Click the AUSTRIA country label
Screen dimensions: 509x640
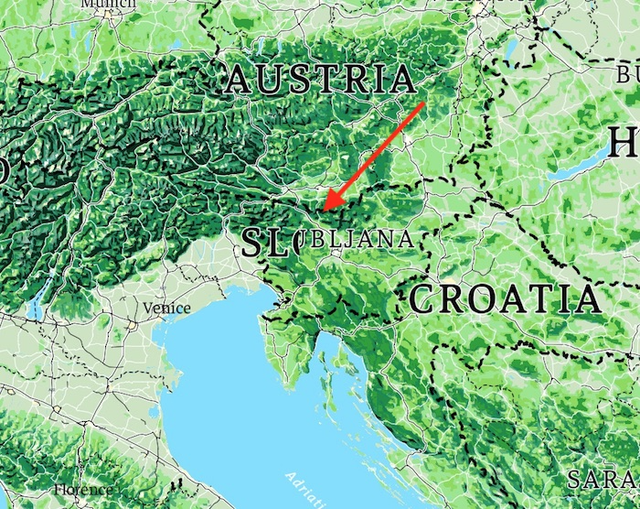[319, 80]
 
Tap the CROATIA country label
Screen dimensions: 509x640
[505, 298]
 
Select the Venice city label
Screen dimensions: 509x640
[166, 309]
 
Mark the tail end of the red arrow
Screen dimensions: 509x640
[423, 104]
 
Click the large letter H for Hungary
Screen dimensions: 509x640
[623, 144]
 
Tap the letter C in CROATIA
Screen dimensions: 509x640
[423, 299]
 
